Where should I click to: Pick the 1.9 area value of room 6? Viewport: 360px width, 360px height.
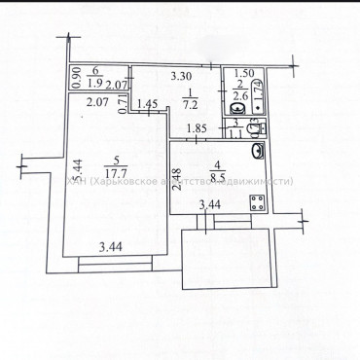[x=95, y=83]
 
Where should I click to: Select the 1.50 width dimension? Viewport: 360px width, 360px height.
[x=245, y=74]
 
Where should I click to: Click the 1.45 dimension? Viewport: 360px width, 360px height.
[x=147, y=104]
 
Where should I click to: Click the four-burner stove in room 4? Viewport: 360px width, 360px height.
[x=259, y=204]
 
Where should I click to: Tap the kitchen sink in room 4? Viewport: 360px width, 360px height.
[x=260, y=151]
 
